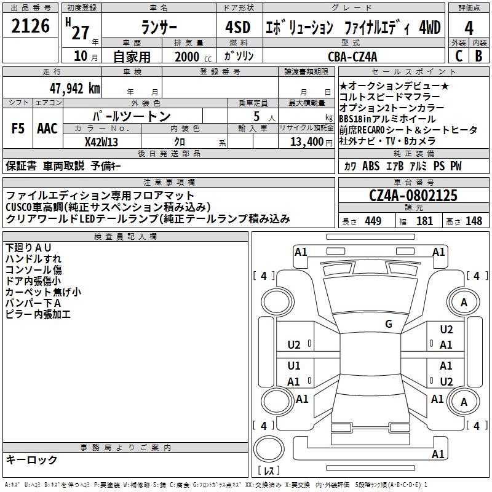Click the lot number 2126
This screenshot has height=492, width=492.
pos(31,26)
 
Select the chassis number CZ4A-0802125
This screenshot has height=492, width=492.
pos(413,196)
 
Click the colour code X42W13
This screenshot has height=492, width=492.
pos(101,141)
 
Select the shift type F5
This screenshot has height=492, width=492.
pos(18,129)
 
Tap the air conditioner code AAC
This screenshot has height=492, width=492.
pos(47,129)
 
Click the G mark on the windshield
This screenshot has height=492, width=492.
pos(389,324)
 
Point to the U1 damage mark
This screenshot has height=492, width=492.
pos(294,366)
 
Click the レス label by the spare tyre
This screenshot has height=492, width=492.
pos(269,471)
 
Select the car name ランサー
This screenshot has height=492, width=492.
pos(159,28)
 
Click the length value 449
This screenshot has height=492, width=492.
pos(373,221)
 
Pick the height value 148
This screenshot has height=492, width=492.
pos(474,221)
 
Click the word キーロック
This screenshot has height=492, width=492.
pos(32,460)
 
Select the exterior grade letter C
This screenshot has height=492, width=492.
pos(458,57)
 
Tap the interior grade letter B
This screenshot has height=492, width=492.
pos(479,57)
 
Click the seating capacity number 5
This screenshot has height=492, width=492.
pos(255,116)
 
